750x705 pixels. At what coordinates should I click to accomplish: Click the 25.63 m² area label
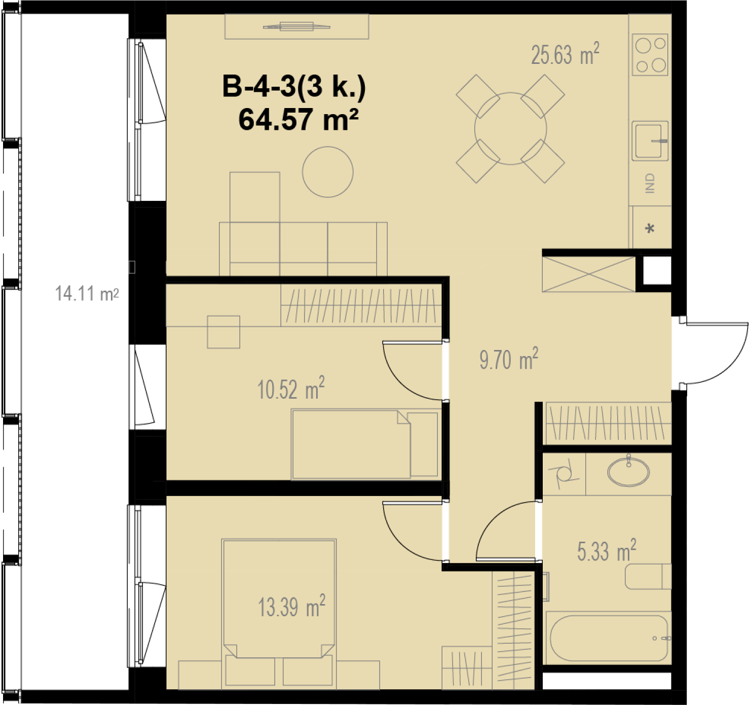565,54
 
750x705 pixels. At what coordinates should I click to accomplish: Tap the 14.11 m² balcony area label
87,294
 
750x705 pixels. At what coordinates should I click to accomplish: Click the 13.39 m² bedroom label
291,607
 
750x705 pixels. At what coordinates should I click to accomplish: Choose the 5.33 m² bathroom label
607,551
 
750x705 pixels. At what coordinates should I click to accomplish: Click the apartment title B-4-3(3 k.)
294,87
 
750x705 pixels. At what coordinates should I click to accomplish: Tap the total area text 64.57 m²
298,119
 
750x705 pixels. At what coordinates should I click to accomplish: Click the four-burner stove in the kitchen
650,55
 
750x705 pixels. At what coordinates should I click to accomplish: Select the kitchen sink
650,141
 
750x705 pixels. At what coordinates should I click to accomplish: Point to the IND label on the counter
650,183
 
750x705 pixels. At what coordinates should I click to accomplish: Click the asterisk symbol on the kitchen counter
650,228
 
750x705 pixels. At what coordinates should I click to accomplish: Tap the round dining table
510,129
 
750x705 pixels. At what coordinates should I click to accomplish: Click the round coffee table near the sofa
327,171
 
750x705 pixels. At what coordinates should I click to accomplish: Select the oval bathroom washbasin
628,472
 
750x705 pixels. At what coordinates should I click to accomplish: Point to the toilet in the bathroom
648,577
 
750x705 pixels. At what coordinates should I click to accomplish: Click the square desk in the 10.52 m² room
223,332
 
